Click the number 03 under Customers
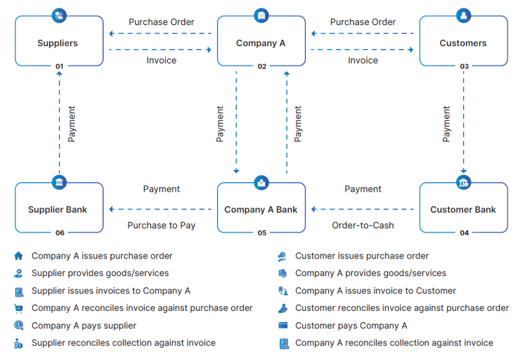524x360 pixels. (464, 67)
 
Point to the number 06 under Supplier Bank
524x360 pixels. (60, 233)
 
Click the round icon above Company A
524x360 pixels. (261, 15)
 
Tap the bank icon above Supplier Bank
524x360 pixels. (59, 182)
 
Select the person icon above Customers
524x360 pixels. (464, 15)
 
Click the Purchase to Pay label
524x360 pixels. (161, 225)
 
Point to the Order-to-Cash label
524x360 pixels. (363, 225)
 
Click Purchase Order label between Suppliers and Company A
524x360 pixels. (161, 22)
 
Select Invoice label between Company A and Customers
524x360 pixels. (363, 60)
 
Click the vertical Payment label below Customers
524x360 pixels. (446, 124)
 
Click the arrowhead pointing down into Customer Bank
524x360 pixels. (464, 172)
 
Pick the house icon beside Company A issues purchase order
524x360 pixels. (19, 256)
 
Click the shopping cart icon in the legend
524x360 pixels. (19, 308)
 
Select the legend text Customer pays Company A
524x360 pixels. (351, 326)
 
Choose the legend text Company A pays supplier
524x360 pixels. (84, 326)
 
